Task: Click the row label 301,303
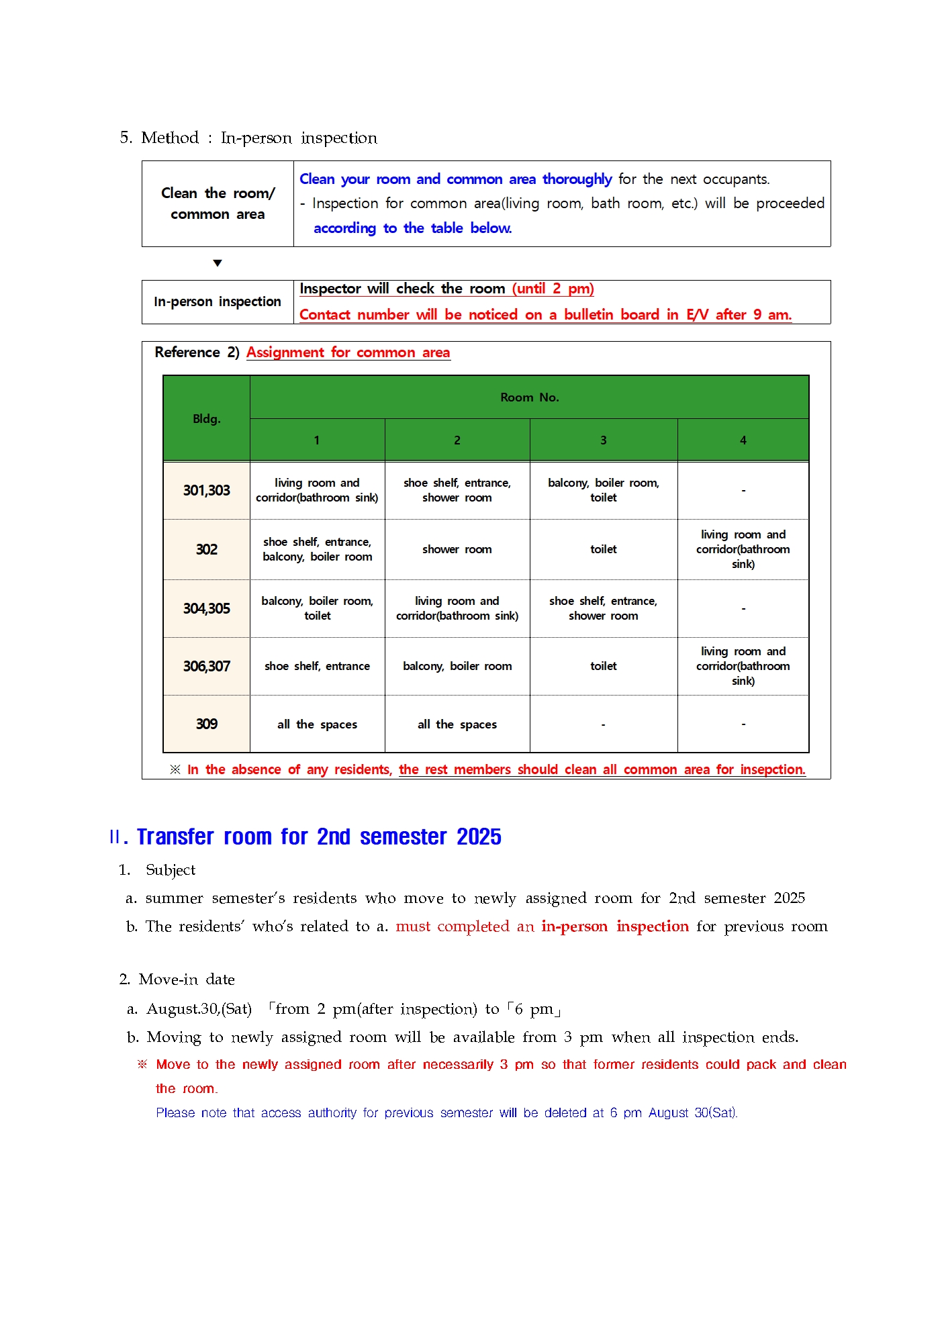[x=206, y=491]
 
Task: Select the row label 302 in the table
[x=206, y=549]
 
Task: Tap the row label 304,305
[x=206, y=608]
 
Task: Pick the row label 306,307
[x=206, y=666]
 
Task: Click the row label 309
[x=206, y=724]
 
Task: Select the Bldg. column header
[x=206, y=419]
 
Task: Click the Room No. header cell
[x=529, y=397]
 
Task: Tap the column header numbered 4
[x=743, y=440]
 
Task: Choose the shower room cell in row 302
[x=457, y=549]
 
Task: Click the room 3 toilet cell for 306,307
[x=603, y=666]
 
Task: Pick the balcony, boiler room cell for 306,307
[x=457, y=666]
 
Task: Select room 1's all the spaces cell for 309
[x=317, y=724]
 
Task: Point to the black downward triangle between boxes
[x=217, y=263]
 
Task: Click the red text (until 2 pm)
[x=553, y=289]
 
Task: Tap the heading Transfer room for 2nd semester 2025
[x=319, y=837]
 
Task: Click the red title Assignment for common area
[x=348, y=352]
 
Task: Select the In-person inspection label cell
[x=217, y=302]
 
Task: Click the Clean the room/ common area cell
[x=217, y=203]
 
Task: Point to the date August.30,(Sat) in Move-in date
[x=199, y=1009]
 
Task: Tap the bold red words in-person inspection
[x=614, y=926]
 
